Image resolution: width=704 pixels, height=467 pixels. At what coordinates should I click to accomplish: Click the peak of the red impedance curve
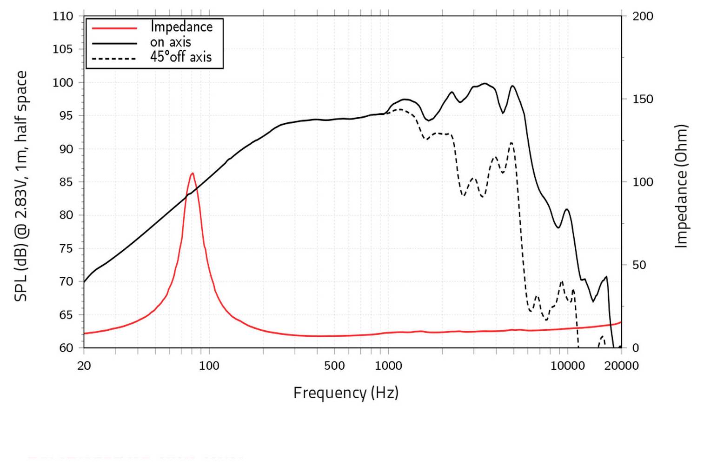click(x=192, y=173)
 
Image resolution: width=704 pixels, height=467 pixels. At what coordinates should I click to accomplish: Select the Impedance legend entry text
click(x=181, y=27)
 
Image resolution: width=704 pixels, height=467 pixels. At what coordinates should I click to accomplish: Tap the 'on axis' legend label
click(x=170, y=42)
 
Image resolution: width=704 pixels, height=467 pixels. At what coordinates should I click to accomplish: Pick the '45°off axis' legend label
click(x=181, y=57)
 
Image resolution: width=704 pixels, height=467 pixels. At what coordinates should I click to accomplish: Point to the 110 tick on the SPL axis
click(x=63, y=16)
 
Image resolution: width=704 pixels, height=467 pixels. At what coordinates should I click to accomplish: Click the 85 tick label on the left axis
click(x=63, y=182)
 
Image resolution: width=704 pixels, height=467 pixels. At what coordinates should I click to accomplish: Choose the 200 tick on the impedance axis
click(x=643, y=16)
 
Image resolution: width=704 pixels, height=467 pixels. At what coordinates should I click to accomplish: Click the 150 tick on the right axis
click(x=643, y=99)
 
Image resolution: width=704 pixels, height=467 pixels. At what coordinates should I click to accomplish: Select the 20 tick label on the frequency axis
click(x=84, y=366)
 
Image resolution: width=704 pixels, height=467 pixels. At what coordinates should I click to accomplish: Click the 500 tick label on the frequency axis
click(x=334, y=366)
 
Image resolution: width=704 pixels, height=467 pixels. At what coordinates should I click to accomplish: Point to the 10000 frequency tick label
click(x=567, y=366)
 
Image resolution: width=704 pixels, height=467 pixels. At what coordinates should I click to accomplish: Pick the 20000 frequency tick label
click(x=621, y=366)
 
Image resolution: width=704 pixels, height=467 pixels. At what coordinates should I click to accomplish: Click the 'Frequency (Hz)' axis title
click(x=345, y=393)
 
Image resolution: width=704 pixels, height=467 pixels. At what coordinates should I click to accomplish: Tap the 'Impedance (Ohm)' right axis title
click(x=681, y=186)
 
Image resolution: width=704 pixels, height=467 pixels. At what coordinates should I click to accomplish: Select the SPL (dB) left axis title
click(x=21, y=186)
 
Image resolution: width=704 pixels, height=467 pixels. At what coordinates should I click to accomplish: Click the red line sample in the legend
click(x=114, y=28)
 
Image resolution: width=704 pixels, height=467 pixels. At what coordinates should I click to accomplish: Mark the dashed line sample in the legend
click(x=114, y=59)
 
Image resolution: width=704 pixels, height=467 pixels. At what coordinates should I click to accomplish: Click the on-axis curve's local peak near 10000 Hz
click(x=566, y=209)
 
